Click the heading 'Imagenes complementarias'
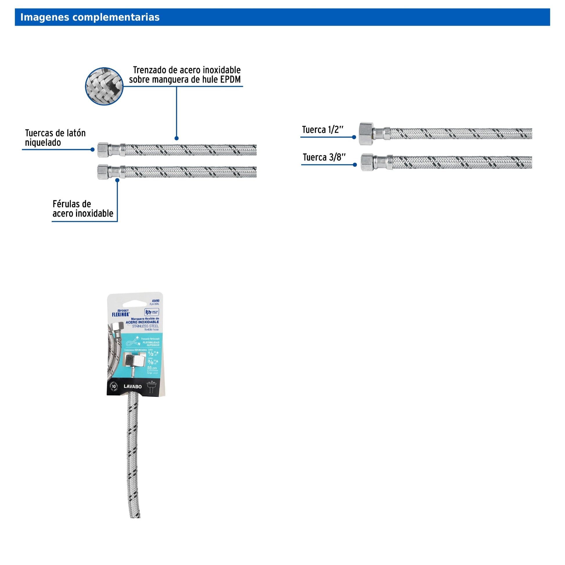point(90,17)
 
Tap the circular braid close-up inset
point(104,86)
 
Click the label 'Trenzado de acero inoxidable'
point(187,70)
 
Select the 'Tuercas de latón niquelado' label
point(55,138)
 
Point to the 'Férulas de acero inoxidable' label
point(82,209)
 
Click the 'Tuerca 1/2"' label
point(322,129)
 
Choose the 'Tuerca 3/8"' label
point(324,157)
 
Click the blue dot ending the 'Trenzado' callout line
point(176,138)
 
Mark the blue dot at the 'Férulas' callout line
point(117,180)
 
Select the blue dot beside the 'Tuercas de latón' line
point(92,150)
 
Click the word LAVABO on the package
point(132,386)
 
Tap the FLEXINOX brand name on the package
point(120,314)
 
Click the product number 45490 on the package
point(155,301)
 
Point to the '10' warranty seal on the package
point(114,386)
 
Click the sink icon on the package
point(152,387)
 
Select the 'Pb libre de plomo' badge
point(152,312)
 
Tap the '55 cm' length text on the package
point(152,368)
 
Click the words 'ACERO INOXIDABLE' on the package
point(142,322)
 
